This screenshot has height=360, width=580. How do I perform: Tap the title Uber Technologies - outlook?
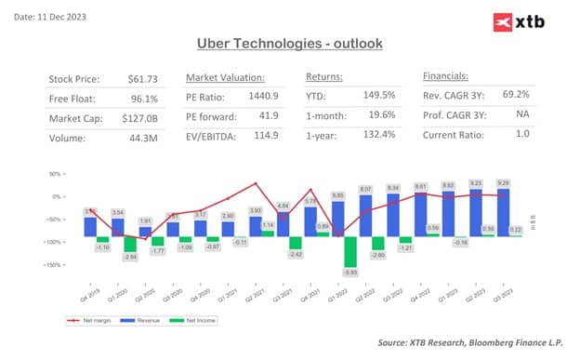(289, 44)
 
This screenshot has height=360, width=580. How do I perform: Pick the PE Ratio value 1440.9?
(269, 98)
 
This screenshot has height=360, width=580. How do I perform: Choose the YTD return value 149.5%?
(376, 98)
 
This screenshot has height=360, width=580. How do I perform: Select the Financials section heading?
(445, 76)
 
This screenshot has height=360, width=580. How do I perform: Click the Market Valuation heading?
(225, 76)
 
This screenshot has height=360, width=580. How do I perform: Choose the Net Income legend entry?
(192, 321)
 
